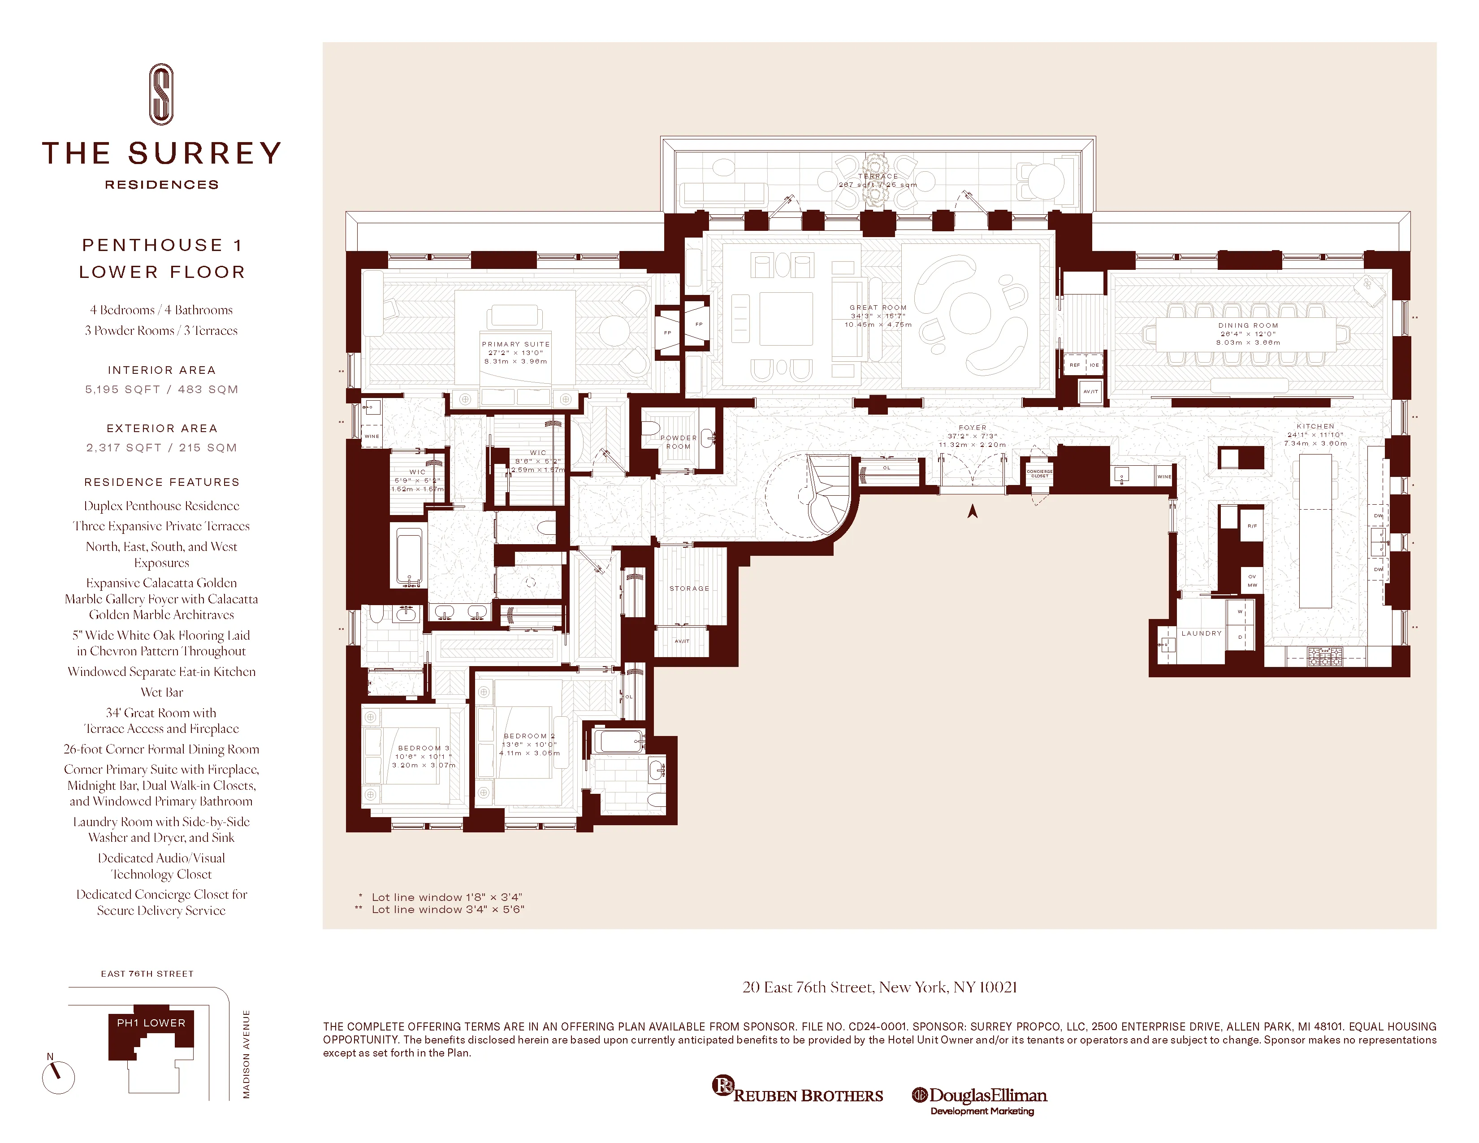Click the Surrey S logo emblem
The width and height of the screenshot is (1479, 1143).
[161, 94]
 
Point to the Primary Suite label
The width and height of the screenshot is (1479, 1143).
[515, 344]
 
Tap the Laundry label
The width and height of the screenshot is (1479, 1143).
[1201, 633]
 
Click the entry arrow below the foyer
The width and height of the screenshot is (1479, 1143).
[973, 511]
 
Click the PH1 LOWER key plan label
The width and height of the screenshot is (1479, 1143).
[151, 1022]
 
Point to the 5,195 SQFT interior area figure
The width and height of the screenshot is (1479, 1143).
[122, 390]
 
